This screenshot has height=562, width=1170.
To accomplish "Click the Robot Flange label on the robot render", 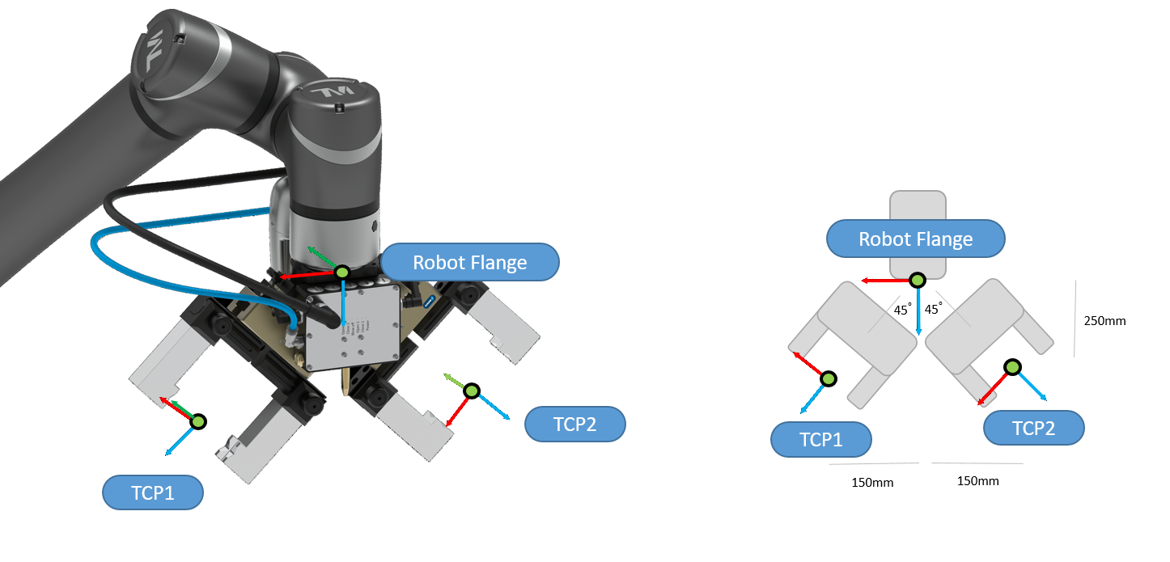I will (x=469, y=263).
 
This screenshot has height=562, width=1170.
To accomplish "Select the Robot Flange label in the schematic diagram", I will (x=915, y=239).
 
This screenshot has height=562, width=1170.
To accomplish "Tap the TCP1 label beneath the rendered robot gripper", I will (x=152, y=492).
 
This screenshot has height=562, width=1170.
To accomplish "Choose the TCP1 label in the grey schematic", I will (x=820, y=440).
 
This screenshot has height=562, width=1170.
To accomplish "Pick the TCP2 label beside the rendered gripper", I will (x=574, y=425).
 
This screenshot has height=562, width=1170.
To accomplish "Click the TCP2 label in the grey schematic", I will (x=1033, y=428).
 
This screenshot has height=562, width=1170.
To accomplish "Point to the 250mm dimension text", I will (x=1104, y=321).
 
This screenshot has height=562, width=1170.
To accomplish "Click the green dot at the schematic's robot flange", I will (x=917, y=281).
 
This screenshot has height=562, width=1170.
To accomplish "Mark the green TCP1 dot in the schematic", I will (x=829, y=378).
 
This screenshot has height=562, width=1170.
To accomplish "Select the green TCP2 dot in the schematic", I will (x=1011, y=368).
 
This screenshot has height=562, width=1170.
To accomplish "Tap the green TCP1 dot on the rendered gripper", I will (x=198, y=420).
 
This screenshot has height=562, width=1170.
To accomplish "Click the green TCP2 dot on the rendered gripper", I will (x=472, y=391).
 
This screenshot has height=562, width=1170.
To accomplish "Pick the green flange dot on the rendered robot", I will (x=342, y=273).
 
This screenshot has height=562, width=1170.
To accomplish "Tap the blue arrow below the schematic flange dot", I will (x=918, y=315).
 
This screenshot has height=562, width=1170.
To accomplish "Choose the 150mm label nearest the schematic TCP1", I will (x=872, y=484).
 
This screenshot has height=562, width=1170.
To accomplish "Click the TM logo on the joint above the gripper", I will (x=339, y=95).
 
